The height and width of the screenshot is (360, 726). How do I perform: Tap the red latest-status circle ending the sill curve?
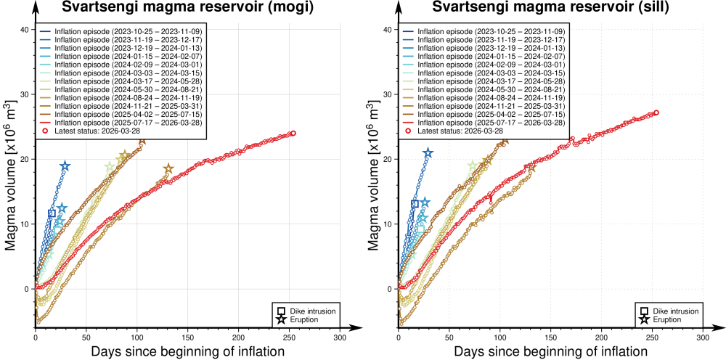click(656, 112)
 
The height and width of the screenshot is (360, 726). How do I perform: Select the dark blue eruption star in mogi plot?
click(65, 166)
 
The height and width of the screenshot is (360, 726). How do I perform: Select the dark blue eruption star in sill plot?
click(428, 153)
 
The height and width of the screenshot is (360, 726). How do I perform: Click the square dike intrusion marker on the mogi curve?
click(52, 213)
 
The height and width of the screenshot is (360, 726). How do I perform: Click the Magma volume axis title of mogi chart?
click(12, 181)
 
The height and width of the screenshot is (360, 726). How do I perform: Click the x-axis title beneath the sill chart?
click(551, 352)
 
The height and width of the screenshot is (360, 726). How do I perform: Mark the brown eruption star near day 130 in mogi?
click(168, 169)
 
